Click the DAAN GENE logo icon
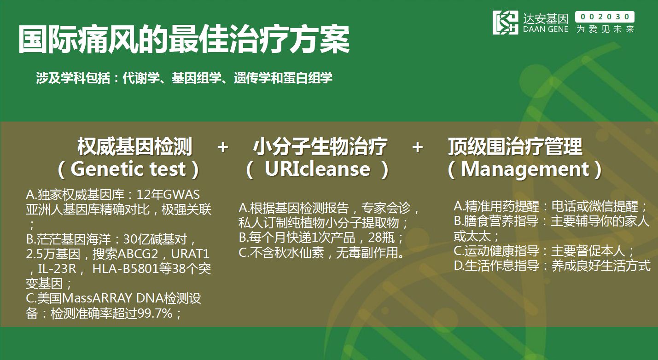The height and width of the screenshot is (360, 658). (x=506, y=22)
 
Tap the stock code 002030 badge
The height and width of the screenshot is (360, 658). (x=605, y=17)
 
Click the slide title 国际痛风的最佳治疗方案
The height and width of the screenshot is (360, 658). (x=184, y=39)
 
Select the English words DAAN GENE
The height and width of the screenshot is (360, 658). (x=546, y=29)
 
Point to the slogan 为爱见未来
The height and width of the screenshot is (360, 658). (x=605, y=29)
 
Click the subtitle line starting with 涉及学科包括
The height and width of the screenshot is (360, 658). (x=184, y=78)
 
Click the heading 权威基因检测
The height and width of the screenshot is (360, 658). (x=135, y=146)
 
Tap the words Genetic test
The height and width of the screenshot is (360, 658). (x=128, y=169)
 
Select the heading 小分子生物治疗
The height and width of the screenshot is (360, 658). (x=320, y=146)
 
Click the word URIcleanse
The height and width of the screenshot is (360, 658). (x=317, y=169)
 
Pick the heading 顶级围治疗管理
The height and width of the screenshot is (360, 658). (x=515, y=146)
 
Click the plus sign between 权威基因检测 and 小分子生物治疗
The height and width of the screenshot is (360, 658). (x=223, y=147)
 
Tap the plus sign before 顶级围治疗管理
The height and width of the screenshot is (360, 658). (x=418, y=147)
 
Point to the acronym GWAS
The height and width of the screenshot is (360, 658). (x=181, y=195)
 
